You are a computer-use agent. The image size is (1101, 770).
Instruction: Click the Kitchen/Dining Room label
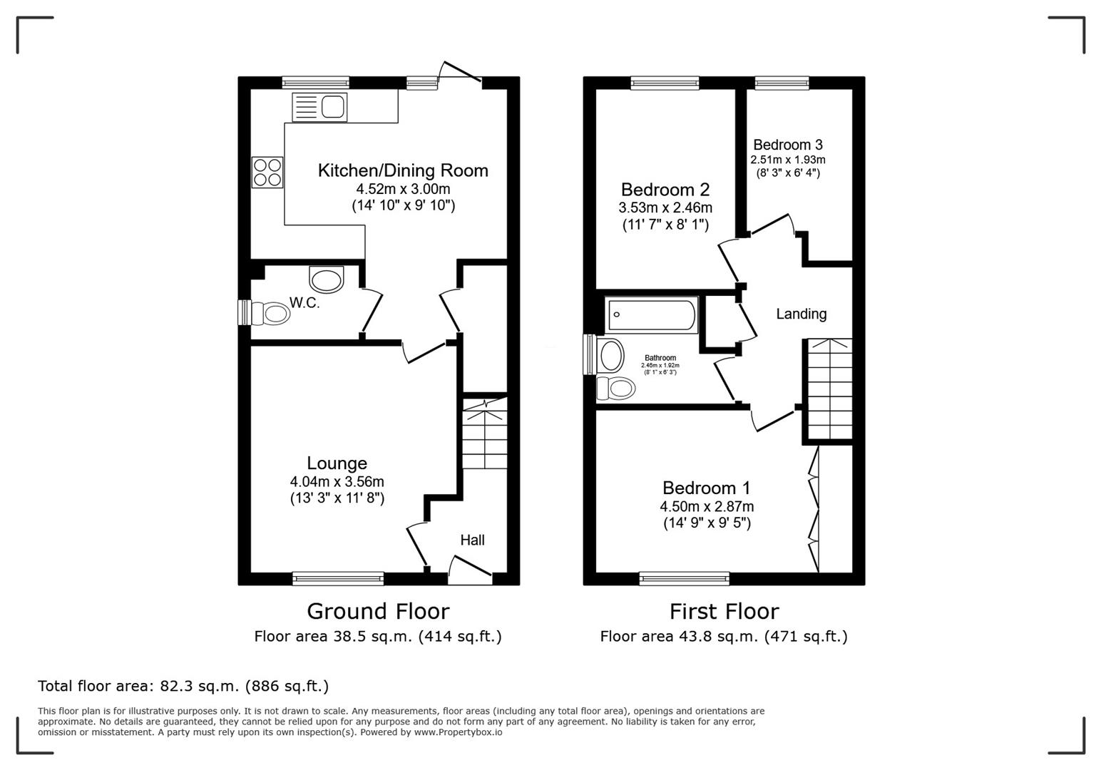coord(403,170)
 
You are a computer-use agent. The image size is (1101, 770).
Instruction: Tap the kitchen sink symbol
coord(320,107)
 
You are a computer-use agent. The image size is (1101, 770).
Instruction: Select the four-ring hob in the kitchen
coord(267,172)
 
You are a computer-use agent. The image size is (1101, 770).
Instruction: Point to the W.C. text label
coord(304,303)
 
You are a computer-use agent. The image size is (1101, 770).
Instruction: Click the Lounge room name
coord(337,463)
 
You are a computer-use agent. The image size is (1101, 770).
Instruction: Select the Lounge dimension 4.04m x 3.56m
coord(337,482)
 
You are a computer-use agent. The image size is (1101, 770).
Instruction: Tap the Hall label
coord(472,540)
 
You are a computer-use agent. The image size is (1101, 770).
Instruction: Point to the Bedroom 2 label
coord(665,190)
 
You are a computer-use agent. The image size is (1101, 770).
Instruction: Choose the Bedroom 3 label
coord(787,145)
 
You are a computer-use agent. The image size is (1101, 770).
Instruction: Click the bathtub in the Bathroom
coord(651,315)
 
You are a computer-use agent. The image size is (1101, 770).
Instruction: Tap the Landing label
coord(801,314)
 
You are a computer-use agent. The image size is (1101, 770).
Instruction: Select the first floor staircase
coord(829,389)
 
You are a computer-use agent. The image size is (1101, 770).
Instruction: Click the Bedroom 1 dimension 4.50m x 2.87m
coord(706,507)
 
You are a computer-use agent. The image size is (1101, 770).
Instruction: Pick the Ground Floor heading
coord(378,611)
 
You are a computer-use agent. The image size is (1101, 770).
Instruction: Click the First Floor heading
coord(724,611)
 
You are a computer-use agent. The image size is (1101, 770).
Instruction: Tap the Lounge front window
coord(338,578)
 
